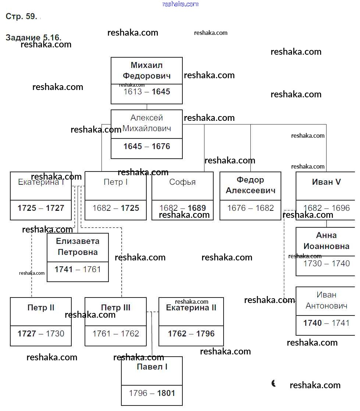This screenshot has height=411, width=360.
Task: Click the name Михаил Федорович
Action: tap(147, 71)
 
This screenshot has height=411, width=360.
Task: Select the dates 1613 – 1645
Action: tap(147, 92)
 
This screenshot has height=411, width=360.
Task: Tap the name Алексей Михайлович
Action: tap(147, 123)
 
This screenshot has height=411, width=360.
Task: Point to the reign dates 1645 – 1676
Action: tap(147, 147)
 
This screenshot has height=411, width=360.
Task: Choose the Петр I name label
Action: tap(115, 182)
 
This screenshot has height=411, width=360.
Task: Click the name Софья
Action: tap(182, 182)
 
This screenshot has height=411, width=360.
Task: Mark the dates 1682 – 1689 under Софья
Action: tap(182, 208)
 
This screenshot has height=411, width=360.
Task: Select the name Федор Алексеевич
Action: tap(250, 185)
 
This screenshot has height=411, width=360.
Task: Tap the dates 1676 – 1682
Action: tap(250, 208)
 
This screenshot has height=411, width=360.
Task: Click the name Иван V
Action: tap(326, 182)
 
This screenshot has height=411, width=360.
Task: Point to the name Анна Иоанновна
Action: tap(326, 241)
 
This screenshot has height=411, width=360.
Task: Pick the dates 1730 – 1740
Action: tap(326, 263)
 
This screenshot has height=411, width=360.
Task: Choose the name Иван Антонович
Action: tap(326, 300)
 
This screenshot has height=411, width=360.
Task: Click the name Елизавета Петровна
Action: tap(78, 247)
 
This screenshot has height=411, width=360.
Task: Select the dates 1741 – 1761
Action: tap(78, 270)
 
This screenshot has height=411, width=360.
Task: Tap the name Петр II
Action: tap(41, 308)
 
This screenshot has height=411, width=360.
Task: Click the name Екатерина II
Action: tap(191, 308)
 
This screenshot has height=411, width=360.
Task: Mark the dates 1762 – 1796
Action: tap(191, 334)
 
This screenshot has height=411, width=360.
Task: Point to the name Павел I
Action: tap(152, 367)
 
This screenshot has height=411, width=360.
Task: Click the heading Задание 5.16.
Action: tap(33, 37)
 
